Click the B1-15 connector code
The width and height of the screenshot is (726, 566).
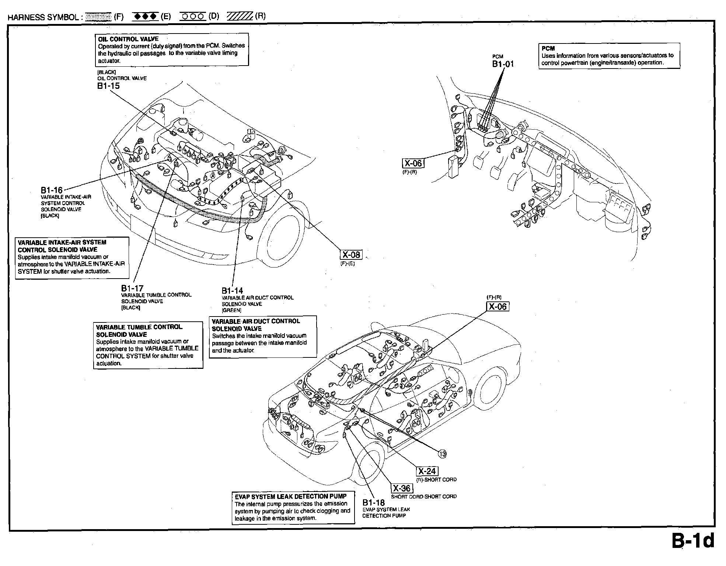(x=108, y=86)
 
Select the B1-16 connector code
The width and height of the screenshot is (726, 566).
(x=52, y=190)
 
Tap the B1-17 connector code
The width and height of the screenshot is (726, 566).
(x=132, y=288)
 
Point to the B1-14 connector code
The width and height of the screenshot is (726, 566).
(x=233, y=290)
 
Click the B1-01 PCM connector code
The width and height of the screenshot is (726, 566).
(x=503, y=64)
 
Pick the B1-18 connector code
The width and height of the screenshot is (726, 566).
(x=373, y=503)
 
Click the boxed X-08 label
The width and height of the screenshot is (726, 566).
(x=351, y=255)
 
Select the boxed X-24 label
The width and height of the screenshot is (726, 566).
(x=427, y=471)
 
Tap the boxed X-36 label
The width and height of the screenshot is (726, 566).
(x=402, y=488)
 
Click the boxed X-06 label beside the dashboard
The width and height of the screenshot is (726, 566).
(x=413, y=163)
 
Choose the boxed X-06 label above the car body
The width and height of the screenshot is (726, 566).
(x=498, y=306)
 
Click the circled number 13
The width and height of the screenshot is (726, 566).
(x=442, y=454)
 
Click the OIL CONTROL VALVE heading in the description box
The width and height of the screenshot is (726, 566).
(x=128, y=39)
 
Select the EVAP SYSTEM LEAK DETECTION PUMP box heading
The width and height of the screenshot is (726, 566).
(x=291, y=496)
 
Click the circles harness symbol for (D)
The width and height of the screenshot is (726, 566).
(x=193, y=17)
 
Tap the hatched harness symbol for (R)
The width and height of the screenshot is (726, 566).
(x=240, y=17)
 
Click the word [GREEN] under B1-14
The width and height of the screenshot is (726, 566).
(x=231, y=310)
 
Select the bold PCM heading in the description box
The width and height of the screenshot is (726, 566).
(x=548, y=48)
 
